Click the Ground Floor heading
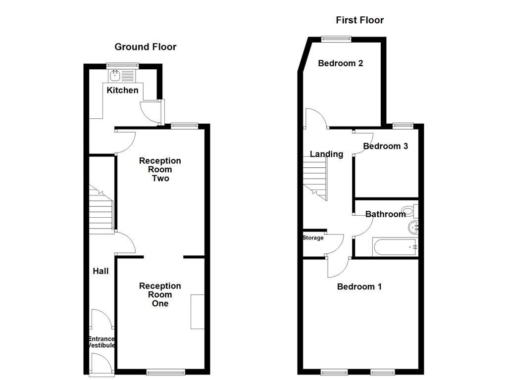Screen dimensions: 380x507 tap(145, 47)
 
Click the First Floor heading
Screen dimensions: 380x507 tap(359, 20)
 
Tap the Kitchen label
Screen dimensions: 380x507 tap(122, 90)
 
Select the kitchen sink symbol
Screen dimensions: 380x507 tap(115, 75)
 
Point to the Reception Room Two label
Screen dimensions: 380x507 tap(160, 169)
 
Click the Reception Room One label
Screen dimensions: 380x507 tap(160, 294)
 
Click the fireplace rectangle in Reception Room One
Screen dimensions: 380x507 tap(198, 312)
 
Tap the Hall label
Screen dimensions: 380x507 tap(101, 271)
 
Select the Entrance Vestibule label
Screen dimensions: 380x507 tap(101, 342)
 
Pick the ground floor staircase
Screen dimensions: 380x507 tap(102, 210)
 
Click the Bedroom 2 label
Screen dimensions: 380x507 tap(340, 63)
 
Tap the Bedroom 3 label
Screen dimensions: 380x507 tap(385, 146)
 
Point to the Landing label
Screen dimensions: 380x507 tap(326, 154)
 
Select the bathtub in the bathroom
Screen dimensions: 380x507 tap(395, 246)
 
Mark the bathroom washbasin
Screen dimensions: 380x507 tap(413, 228)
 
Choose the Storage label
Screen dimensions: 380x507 tap(313, 238)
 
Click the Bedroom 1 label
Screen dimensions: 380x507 tap(359, 286)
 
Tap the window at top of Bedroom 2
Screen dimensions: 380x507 tap(336, 38)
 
